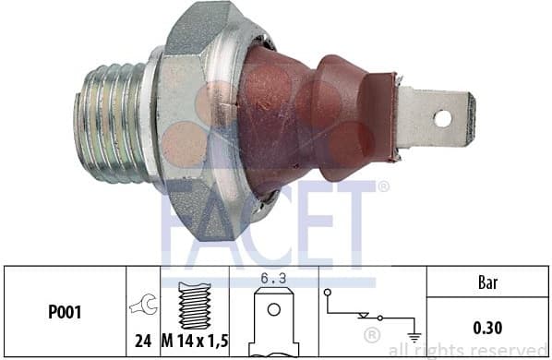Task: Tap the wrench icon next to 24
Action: point(144,303)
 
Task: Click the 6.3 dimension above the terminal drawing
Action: point(271,277)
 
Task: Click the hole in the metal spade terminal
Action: point(442,117)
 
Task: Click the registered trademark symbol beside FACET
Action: point(383,187)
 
